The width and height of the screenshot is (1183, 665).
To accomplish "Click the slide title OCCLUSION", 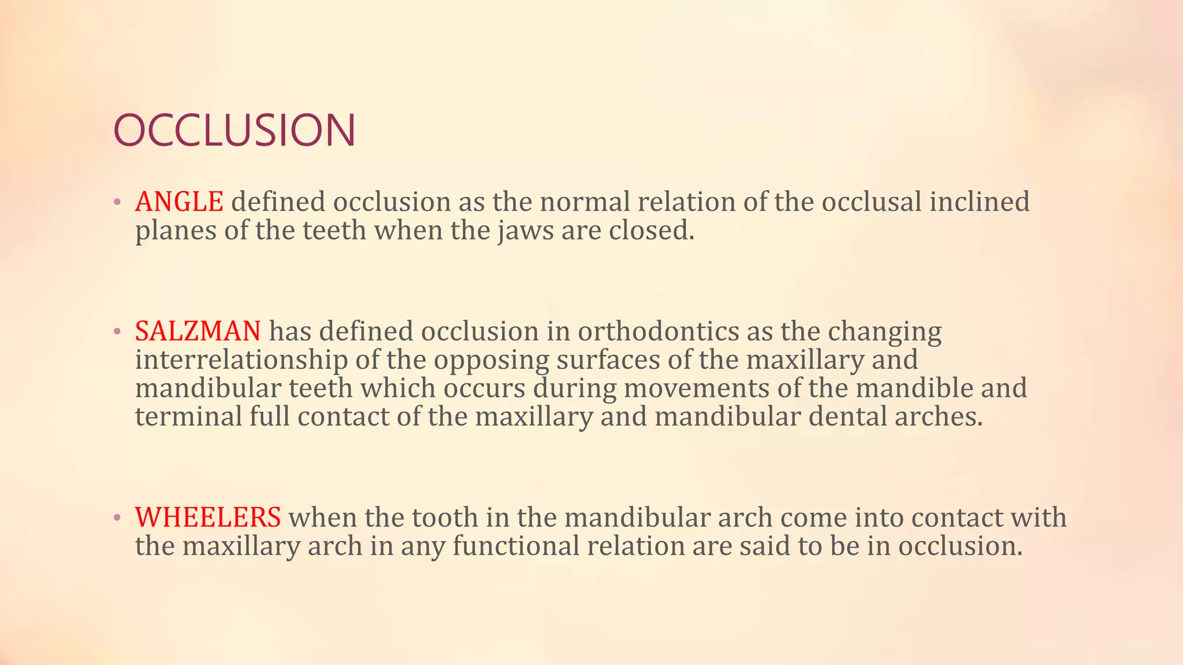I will tap(234, 130).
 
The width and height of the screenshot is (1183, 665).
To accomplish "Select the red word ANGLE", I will tap(179, 202).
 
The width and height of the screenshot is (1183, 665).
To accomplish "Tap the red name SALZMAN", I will tap(198, 331).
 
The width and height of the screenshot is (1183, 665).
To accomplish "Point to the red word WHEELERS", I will tap(208, 517).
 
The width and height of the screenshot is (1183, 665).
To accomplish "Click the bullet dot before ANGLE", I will tap(117, 202).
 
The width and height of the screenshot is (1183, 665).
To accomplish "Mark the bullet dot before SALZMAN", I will tap(117, 332).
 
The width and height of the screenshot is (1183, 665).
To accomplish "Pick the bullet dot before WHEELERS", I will tap(117, 518).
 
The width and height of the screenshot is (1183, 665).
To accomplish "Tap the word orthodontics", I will tap(658, 331).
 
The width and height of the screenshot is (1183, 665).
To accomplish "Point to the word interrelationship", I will tap(241, 360).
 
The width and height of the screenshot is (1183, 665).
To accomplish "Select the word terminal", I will tap(188, 416).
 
